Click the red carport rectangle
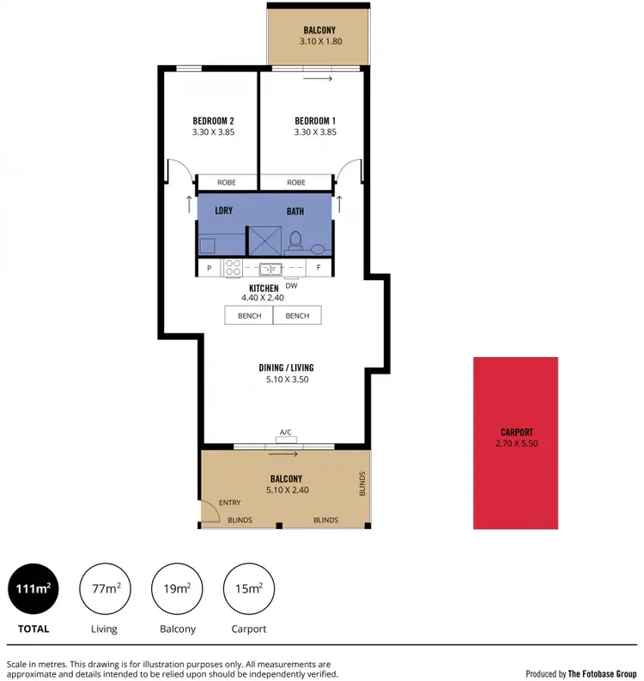(x=515, y=442)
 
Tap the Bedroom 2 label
(x=213, y=120)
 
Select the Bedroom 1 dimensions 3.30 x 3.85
(x=315, y=132)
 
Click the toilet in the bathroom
(x=295, y=240)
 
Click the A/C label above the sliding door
(x=285, y=433)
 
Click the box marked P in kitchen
(x=210, y=268)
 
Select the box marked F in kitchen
(x=319, y=268)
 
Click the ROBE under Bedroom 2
(x=228, y=182)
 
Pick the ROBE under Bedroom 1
(x=296, y=182)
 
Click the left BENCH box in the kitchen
(x=248, y=316)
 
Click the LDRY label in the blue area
(x=224, y=210)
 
